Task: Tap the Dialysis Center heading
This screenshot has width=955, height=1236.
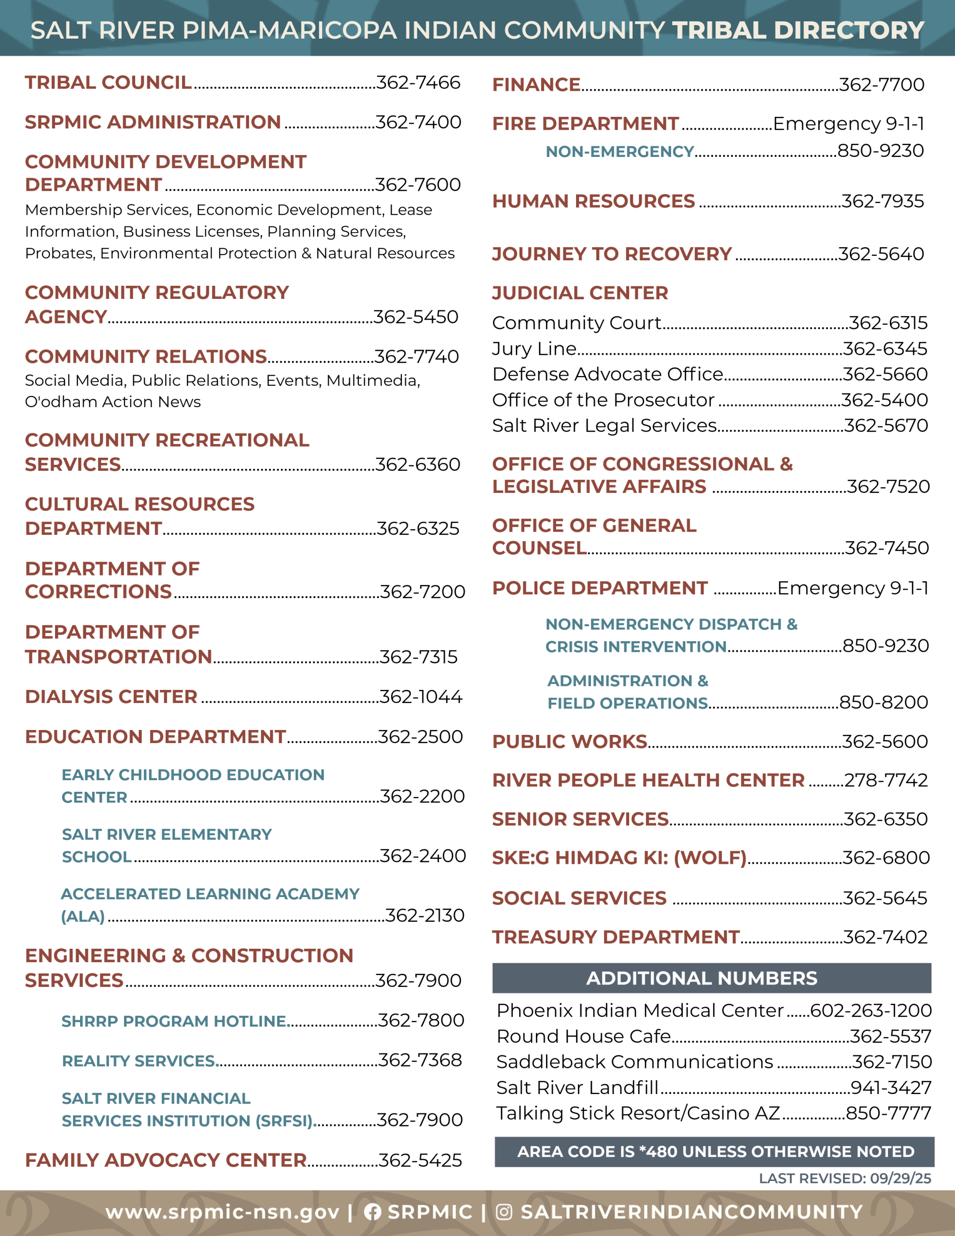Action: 111,697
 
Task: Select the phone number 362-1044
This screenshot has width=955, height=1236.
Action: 421,697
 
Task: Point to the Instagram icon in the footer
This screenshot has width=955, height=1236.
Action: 504,1212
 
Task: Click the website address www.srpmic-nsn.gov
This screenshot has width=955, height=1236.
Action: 223,1212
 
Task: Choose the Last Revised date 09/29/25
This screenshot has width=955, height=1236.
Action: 900,1178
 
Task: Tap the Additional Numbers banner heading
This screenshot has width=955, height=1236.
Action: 702,978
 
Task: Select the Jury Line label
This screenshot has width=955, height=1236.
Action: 534,349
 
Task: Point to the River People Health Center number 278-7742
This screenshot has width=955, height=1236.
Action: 886,780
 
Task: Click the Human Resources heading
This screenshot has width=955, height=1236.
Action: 593,201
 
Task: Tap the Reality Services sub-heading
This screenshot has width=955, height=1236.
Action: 139,1061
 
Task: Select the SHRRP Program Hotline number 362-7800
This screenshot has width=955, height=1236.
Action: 421,1020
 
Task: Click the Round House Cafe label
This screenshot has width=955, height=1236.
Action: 583,1036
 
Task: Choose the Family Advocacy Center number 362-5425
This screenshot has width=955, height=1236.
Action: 420,1161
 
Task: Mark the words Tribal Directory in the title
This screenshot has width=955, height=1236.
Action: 798,30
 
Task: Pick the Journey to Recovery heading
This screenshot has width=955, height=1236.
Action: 612,254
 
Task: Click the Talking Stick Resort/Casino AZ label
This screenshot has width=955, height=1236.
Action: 638,1113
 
